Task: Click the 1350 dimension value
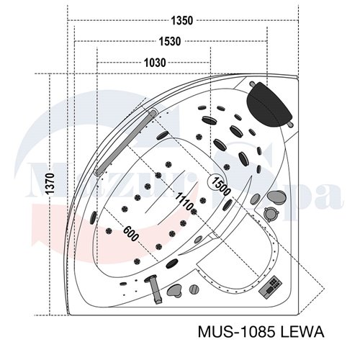182,21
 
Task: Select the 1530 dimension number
170,42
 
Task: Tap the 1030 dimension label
155,63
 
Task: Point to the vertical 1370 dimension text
50,184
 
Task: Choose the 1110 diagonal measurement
184,201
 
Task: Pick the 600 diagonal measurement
131,234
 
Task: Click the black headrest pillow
270,105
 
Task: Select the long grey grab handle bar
126,142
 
